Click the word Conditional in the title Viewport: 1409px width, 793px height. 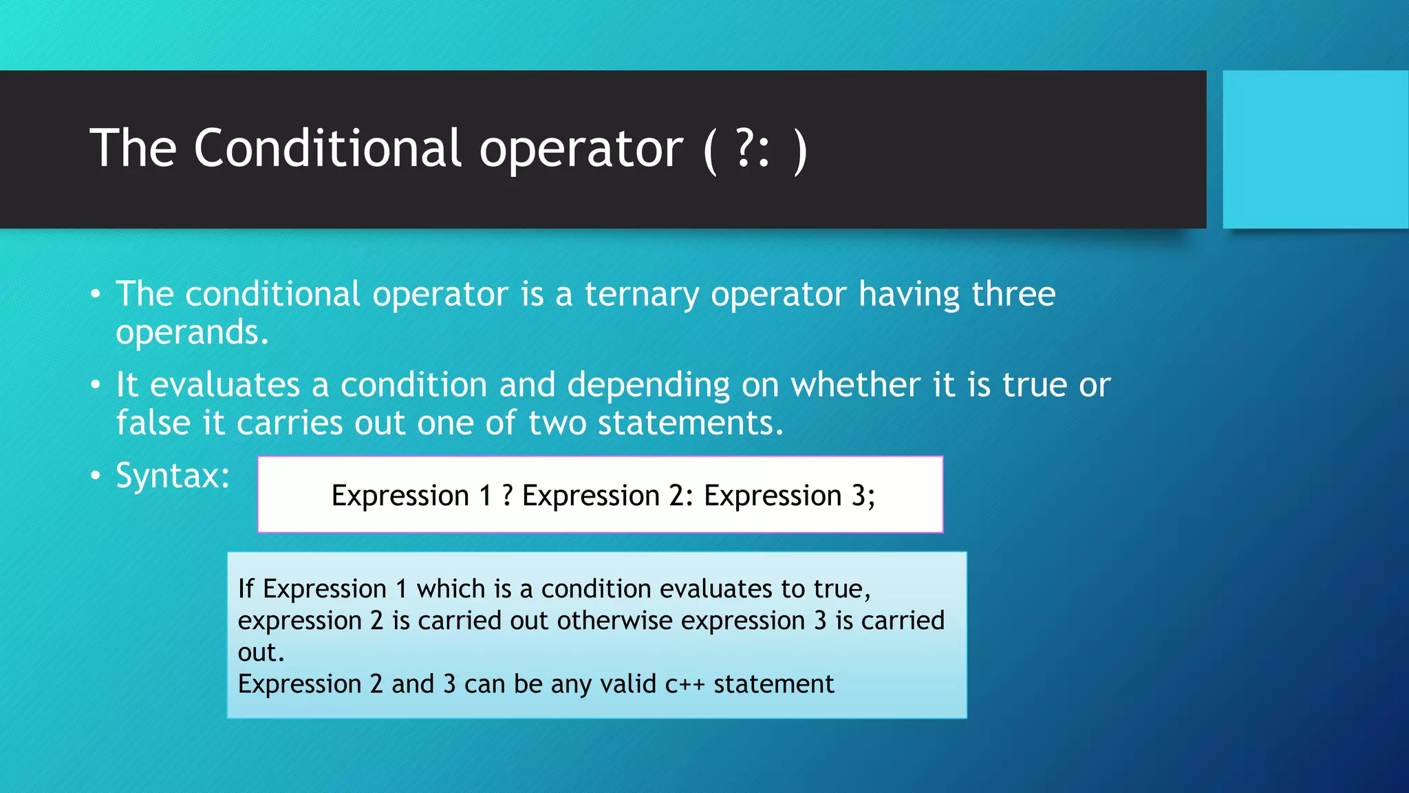click(327, 148)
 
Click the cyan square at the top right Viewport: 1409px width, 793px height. click(1315, 149)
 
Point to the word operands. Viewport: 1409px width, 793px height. click(192, 333)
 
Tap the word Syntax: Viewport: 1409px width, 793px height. click(173, 476)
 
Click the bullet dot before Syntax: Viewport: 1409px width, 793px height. click(96, 475)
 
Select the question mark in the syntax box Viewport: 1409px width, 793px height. click(507, 496)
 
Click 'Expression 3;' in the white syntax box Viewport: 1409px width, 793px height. click(789, 496)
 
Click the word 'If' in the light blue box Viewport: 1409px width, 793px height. click(246, 589)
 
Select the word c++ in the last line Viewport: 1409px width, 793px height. click(685, 684)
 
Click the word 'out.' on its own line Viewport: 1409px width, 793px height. click(261, 653)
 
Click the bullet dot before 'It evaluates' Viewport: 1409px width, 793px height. click(96, 385)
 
